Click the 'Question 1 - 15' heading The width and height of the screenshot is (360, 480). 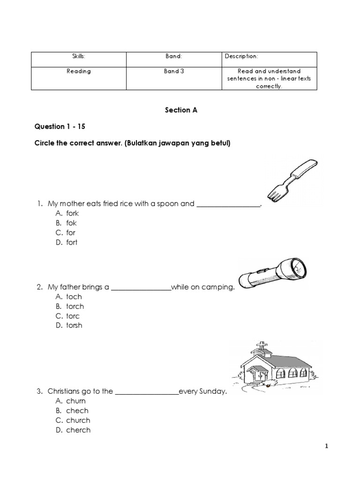click(60, 127)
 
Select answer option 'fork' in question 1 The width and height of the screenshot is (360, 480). click(72, 213)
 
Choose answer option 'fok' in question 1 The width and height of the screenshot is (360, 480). click(71, 223)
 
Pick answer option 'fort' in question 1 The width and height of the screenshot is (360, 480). click(72, 242)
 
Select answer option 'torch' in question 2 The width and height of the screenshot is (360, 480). click(75, 306)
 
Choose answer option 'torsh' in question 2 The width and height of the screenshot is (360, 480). click(74, 325)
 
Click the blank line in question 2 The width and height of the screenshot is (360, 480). click(141, 287)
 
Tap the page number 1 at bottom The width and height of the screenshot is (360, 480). click(327, 446)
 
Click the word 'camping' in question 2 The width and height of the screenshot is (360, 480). click(217, 287)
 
